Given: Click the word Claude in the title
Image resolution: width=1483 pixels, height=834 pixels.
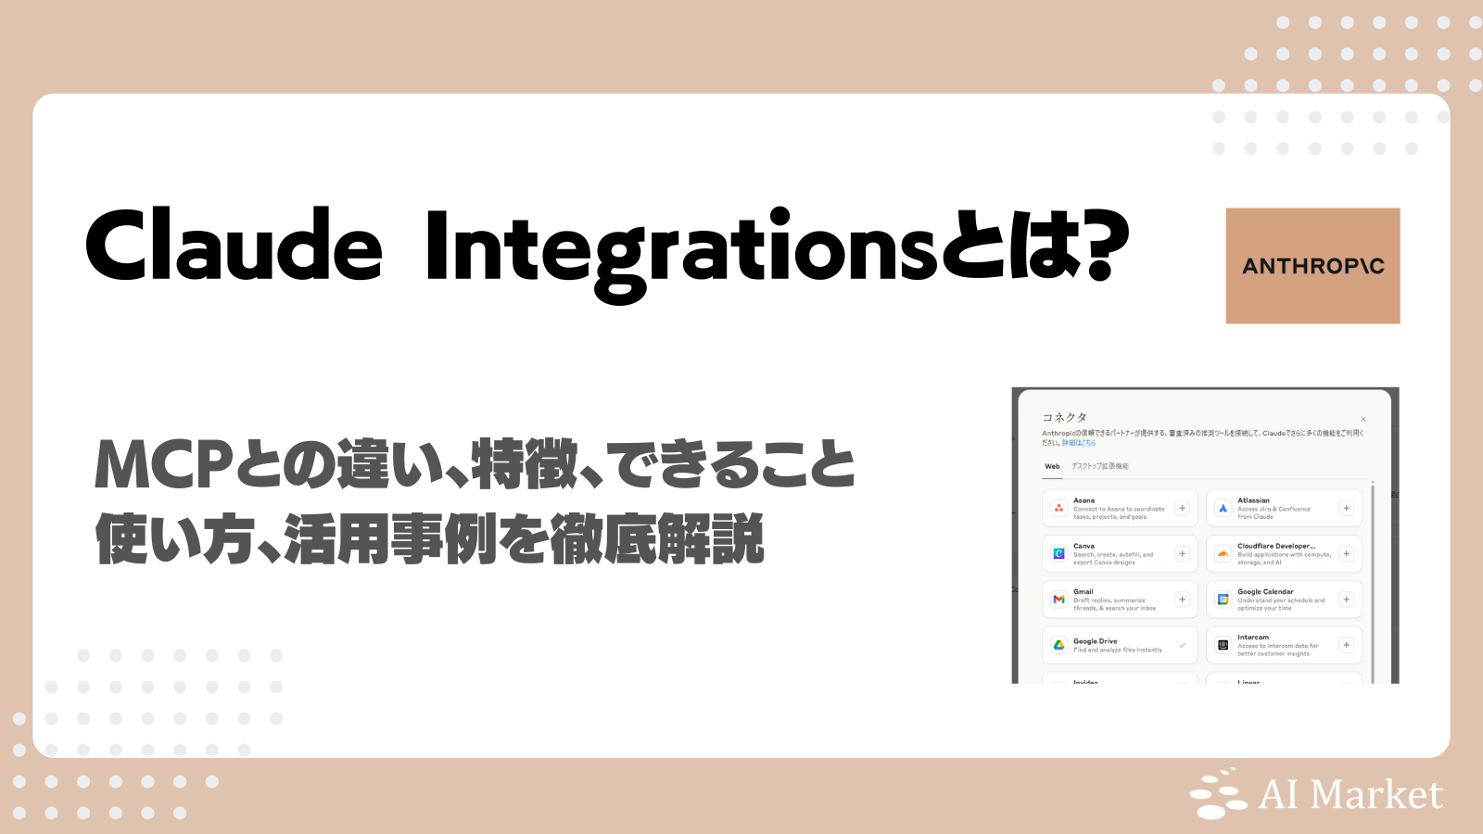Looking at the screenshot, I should coord(234,246).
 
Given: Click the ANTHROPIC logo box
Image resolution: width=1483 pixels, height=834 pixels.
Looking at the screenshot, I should coord(1312,266).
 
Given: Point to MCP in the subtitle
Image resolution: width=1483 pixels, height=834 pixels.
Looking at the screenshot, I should coord(163,465).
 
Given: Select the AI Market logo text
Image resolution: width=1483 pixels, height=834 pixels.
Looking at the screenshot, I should coord(1350,795).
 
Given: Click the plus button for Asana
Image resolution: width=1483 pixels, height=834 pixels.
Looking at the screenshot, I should coord(1182,508).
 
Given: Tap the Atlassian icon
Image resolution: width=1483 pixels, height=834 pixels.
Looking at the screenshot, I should coord(1223,508).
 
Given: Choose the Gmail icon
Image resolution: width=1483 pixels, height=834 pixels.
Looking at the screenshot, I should coord(1058,600).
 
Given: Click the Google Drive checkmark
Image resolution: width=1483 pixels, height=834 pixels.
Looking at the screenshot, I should coord(1182,645).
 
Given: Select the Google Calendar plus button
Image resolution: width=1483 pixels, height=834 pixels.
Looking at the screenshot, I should coord(1346,600).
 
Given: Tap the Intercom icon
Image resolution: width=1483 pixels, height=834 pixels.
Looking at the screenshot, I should coord(1223,645).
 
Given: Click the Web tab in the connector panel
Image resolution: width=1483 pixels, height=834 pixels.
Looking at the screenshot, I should coord(1052,466).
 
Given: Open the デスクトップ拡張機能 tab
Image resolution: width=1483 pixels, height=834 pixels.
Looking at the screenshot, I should coord(1100,466).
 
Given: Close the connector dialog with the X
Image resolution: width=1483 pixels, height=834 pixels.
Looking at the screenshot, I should coord(1363,419).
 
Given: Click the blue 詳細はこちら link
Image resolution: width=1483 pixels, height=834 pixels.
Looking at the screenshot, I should coord(1079,443).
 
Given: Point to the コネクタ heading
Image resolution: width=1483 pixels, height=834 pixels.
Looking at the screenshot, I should coord(1064,417).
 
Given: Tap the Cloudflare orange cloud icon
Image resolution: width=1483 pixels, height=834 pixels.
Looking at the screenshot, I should coord(1223,554).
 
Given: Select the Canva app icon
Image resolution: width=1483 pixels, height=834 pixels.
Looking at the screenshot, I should coord(1058,554).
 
